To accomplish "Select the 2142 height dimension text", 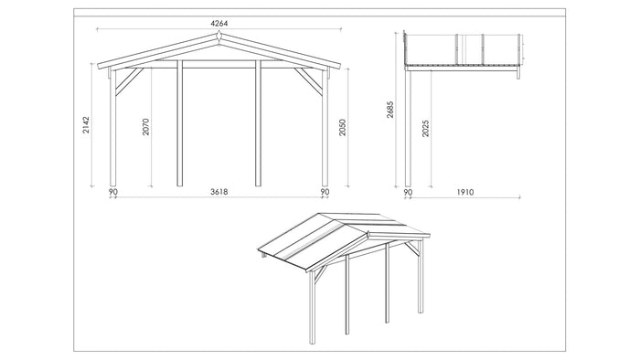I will [x=87, y=126].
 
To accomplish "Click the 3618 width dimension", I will [x=218, y=193].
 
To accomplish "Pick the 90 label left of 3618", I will [x=112, y=193].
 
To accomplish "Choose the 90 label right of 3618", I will [x=324, y=193].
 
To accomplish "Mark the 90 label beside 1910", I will [x=408, y=193].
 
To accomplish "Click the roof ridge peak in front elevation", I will [x=219, y=36].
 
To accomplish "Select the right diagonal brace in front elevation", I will [x=312, y=83].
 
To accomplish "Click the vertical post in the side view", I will [x=409, y=128].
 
